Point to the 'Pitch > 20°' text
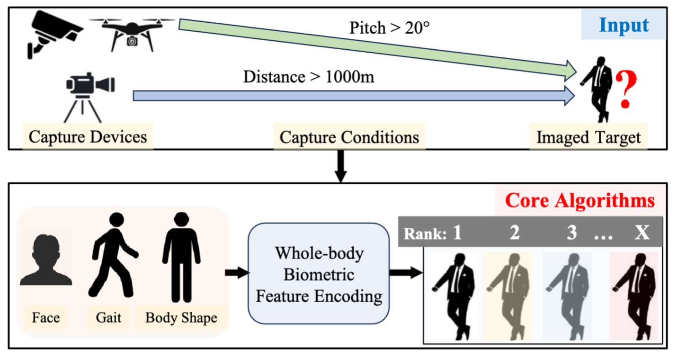click(389, 28)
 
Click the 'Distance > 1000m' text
click(308, 76)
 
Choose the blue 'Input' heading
click(624, 25)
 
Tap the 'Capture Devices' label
click(88, 137)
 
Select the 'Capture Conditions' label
click(349, 137)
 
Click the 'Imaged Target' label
click(588, 137)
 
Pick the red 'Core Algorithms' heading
click(579, 200)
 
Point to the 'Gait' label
click(109, 317)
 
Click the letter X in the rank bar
click(642, 233)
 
